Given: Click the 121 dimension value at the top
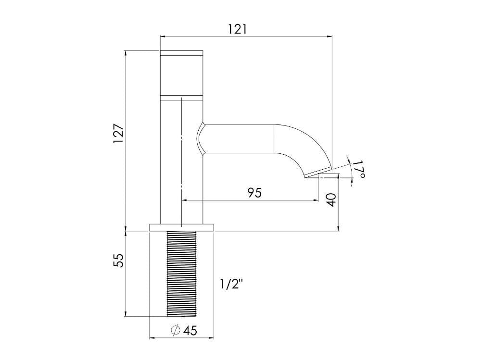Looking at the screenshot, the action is click(237, 29).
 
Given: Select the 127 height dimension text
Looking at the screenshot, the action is click(118, 133).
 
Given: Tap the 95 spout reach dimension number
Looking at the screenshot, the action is click(254, 193).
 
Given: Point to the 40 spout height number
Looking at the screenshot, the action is click(331, 200).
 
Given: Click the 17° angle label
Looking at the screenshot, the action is click(359, 170).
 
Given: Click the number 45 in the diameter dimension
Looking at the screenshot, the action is click(190, 331).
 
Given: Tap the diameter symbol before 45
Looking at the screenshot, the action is click(176, 330).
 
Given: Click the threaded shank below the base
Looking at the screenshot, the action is click(181, 273).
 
